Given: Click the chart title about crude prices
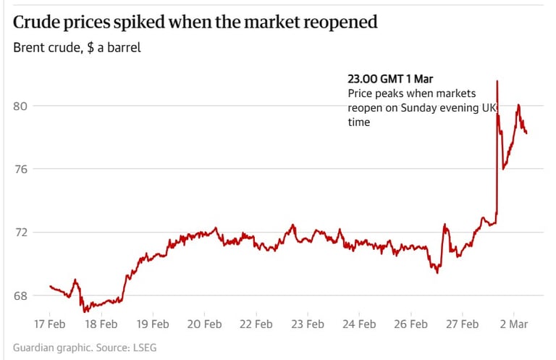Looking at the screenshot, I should coord(195,22).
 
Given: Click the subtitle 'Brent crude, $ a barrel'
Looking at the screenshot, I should coord(77,49).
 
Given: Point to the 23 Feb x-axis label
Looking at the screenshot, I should coord(306,324).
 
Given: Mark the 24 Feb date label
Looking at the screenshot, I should coord(358,324).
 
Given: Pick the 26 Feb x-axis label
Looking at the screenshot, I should coord(409,324).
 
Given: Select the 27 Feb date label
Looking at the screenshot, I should coord(460,324).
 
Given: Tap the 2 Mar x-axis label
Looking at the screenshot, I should coord(515,324).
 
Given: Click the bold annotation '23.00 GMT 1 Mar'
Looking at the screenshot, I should coord(390,79).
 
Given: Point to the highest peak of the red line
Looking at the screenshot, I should coord(497,81).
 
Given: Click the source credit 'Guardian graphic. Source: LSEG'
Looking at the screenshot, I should coord(85,348).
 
